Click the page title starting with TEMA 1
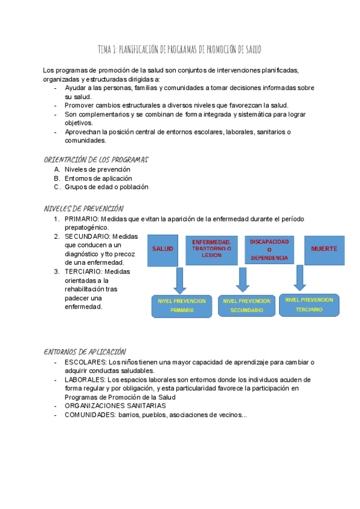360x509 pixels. click(180, 49)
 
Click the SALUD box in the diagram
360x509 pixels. click(163, 248)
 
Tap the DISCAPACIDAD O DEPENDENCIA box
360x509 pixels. click(269, 249)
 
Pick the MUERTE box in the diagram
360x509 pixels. click(324, 248)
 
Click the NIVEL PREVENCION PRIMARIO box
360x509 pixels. click(181, 306)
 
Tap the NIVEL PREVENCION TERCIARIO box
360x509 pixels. click(309, 304)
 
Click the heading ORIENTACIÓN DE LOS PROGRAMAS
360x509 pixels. click(96, 160)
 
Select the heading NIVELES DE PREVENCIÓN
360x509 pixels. click(83, 208)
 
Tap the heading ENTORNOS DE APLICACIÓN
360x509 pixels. click(85, 352)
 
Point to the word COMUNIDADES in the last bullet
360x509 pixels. click(89, 415)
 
